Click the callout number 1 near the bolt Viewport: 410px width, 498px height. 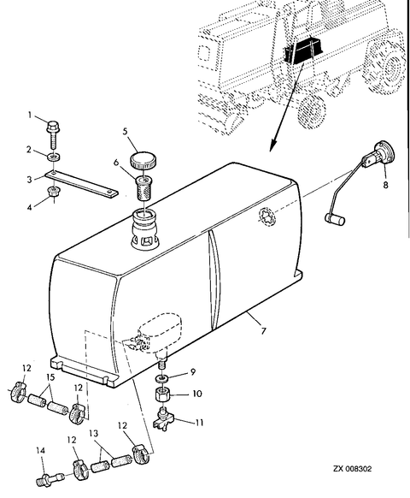click(x=30, y=115)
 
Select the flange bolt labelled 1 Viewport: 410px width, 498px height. click(x=53, y=134)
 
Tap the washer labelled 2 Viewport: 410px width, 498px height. click(x=54, y=157)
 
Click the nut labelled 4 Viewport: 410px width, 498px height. click(x=53, y=192)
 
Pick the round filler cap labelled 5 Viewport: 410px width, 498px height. click(x=143, y=160)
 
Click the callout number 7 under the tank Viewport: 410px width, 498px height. click(x=263, y=331)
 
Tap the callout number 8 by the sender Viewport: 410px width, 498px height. click(x=385, y=185)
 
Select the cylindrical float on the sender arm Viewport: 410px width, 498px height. click(x=335, y=219)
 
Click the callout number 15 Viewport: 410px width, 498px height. click(x=50, y=377)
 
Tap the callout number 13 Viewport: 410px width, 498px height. click(x=94, y=434)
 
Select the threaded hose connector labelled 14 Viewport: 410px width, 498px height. click(x=50, y=477)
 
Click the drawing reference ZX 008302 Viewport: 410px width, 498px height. click(x=352, y=469)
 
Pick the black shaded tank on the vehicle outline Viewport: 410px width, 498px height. click(x=303, y=50)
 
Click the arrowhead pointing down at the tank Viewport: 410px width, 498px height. click(x=272, y=146)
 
